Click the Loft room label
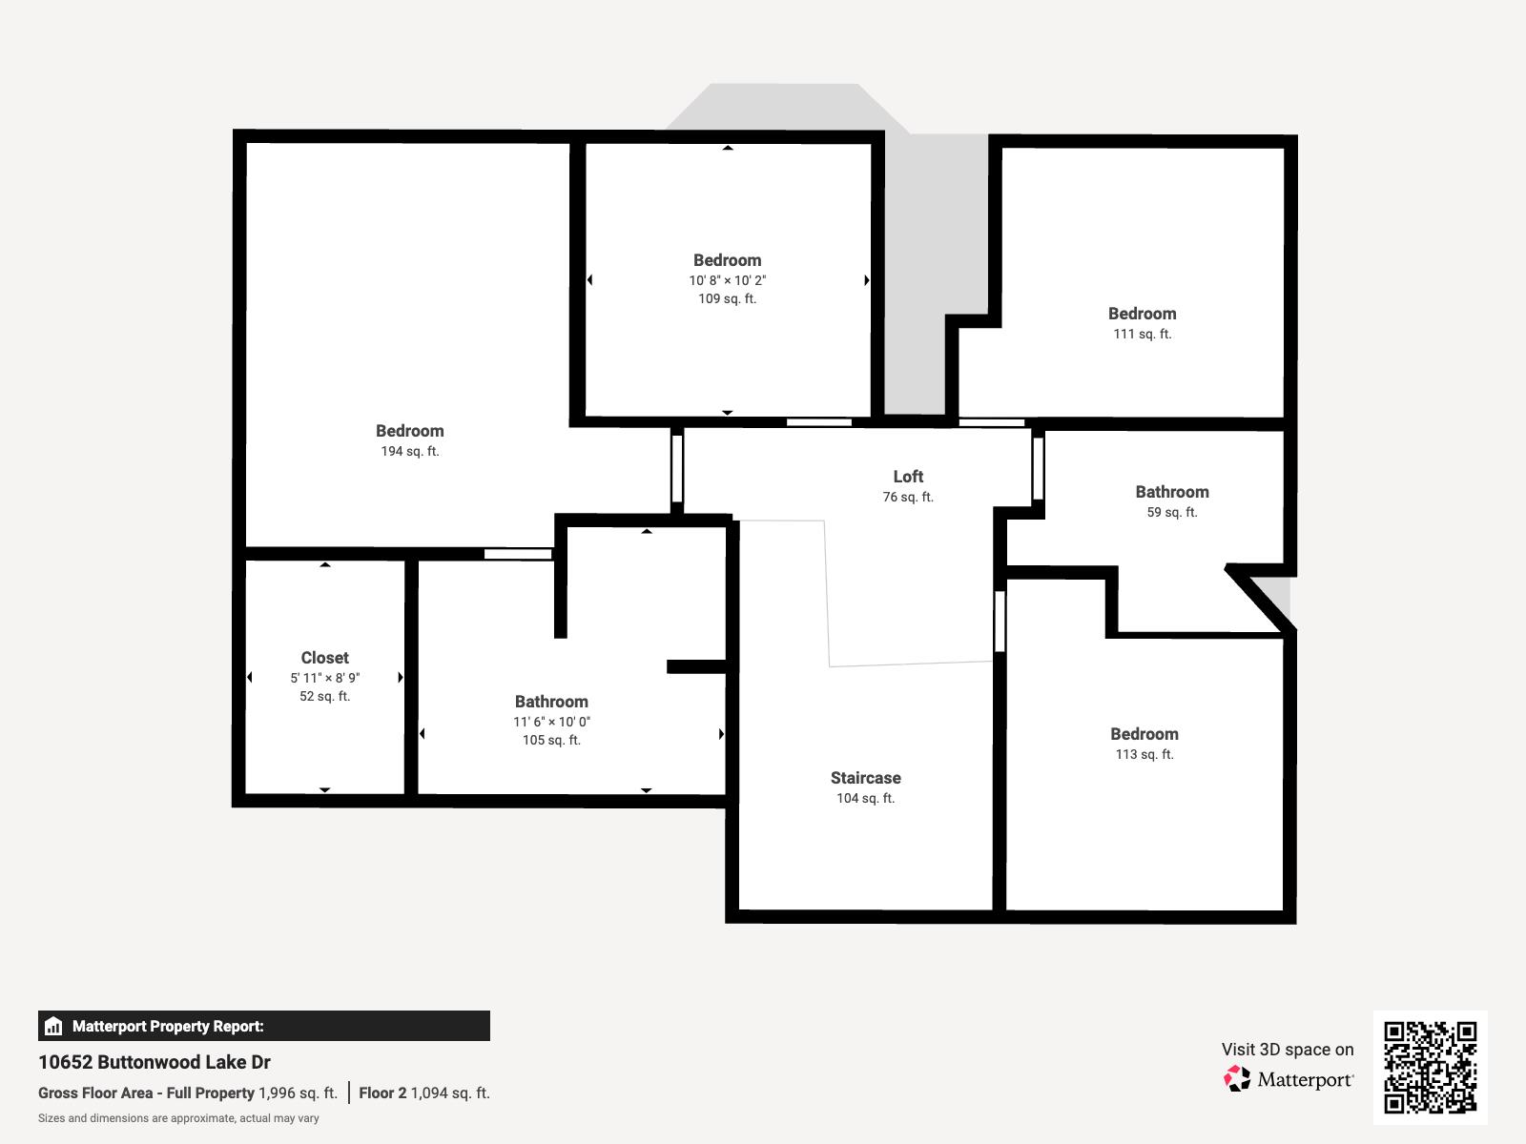908,477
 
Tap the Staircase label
866,778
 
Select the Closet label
324,658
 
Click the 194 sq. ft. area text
409,452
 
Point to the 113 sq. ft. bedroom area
1144,754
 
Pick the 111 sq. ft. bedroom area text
1143,334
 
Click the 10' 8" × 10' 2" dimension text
727,280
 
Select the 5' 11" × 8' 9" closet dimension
324,678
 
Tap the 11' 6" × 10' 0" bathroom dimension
551,722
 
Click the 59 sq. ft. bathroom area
1171,513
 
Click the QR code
1430,1068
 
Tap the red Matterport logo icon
1237,1079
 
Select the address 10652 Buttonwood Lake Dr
155,1062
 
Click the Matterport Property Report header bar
263,1026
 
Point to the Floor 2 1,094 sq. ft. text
424,1093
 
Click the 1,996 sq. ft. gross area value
298,1093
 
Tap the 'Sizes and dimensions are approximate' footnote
178,1118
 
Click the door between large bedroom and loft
677,470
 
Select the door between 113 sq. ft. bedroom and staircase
1000,621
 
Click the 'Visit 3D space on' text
1288,1050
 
